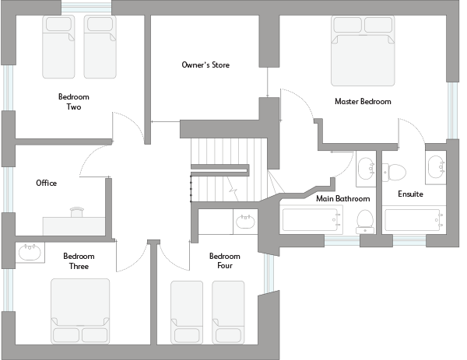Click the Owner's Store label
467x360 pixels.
[x=205, y=65]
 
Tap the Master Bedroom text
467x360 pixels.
[x=363, y=101]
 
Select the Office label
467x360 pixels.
[x=47, y=183]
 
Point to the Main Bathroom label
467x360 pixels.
[x=342, y=198]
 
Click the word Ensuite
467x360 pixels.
[x=410, y=194]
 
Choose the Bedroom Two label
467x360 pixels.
[x=74, y=102]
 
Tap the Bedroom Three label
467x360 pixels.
[x=79, y=261]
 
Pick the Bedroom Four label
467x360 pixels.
[x=225, y=261]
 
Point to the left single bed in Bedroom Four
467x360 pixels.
[x=187, y=313]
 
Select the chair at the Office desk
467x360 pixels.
[x=78, y=211]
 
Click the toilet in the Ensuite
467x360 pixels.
[x=396, y=171]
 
